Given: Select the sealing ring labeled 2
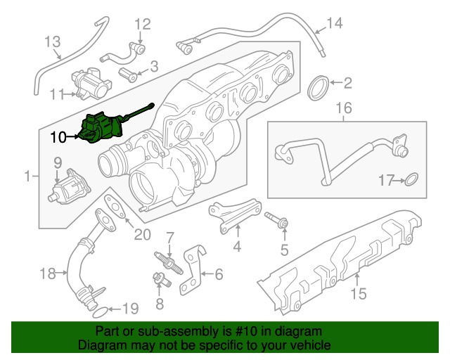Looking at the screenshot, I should pos(319,89).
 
